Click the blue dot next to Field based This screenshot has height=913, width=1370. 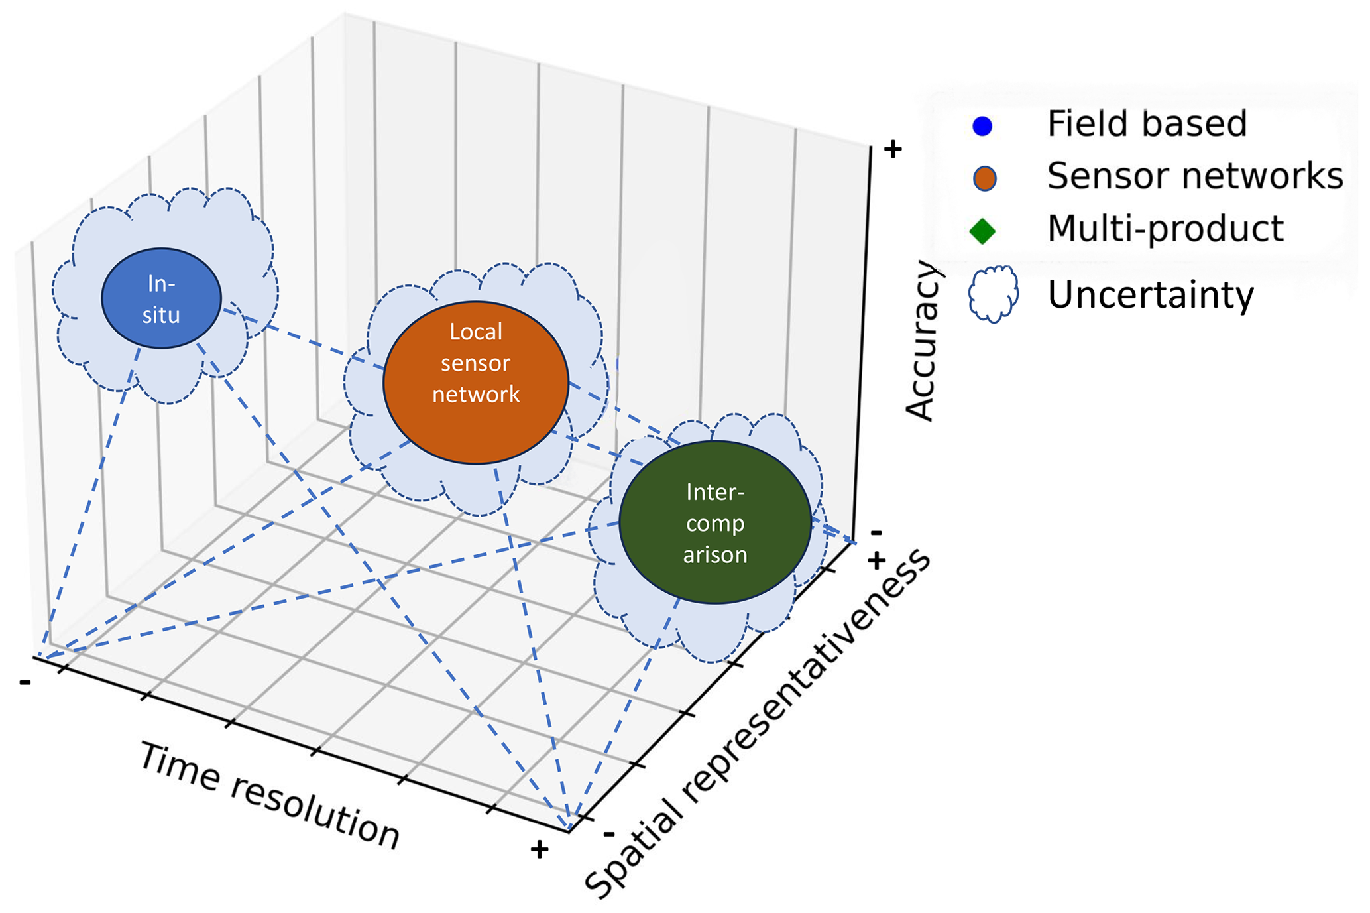(x=982, y=126)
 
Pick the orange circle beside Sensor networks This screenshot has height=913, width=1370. (x=984, y=178)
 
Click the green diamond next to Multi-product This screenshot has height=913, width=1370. (x=982, y=231)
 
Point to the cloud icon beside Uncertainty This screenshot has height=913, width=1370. (x=993, y=294)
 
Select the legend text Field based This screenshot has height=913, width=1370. (x=1147, y=124)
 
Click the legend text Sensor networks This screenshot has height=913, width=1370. (x=1194, y=176)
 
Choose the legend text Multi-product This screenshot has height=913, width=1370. (x=1165, y=229)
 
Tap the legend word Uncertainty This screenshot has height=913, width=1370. (x=1151, y=295)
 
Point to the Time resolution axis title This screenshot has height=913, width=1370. (x=269, y=796)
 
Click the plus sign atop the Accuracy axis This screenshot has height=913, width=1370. (x=893, y=149)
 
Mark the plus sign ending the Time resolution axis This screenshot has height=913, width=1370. (x=540, y=849)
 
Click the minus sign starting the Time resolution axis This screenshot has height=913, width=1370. (x=25, y=682)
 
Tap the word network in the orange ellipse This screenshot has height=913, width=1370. (x=476, y=395)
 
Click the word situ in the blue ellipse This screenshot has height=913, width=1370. (x=161, y=314)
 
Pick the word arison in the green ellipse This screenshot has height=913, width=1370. (x=715, y=554)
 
